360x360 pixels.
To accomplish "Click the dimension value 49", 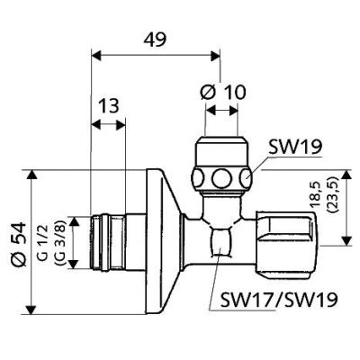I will [156, 39].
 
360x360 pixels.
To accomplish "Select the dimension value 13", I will [108, 105].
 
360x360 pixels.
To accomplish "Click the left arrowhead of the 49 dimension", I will [95, 56].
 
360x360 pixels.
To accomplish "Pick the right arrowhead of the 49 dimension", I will [216, 56].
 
